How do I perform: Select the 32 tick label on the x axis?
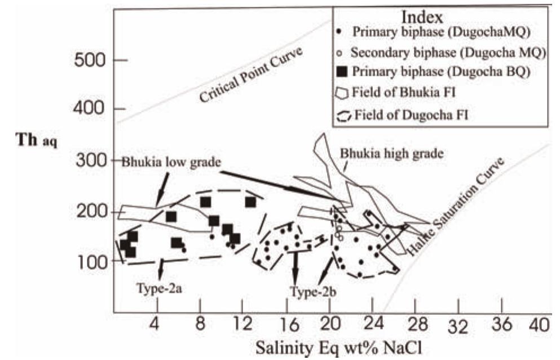pyautogui.click(x=458, y=326)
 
